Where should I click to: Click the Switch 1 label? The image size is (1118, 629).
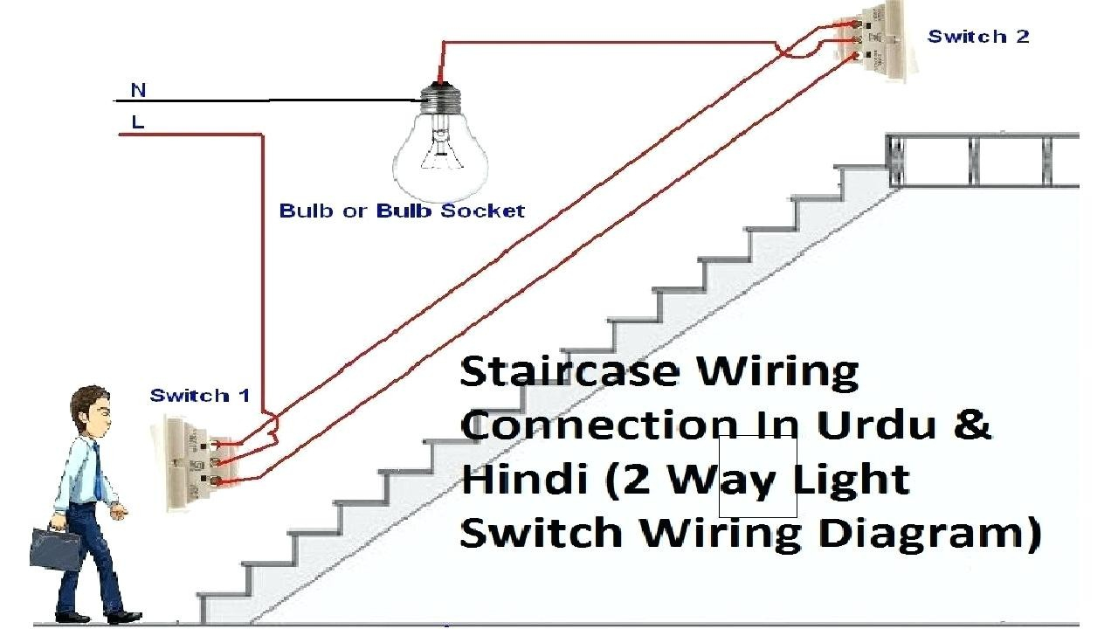click(x=200, y=396)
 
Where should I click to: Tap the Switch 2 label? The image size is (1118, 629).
click(x=978, y=37)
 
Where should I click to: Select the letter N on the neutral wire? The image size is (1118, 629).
click(x=138, y=90)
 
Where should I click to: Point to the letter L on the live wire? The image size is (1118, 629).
click(x=138, y=121)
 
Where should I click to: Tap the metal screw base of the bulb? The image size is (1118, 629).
click(x=440, y=99)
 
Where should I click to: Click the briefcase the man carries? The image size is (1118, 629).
click(x=56, y=548)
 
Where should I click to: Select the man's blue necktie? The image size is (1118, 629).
click(x=98, y=471)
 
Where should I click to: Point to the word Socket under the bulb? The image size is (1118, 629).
click(x=483, y=211)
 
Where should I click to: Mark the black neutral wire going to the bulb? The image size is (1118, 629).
click(x=271, y=100)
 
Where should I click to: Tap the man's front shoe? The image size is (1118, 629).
click(x=125, y=618)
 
